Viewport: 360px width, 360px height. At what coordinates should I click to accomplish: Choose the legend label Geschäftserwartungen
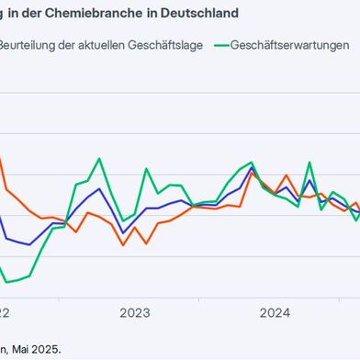(x=289, y=45)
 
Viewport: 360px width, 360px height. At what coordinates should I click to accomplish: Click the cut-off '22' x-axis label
(x=5, y=312)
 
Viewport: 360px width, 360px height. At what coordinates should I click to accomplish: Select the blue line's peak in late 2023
(x=252, y=169)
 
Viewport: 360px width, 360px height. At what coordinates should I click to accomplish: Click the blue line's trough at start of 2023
(x=123, y=232)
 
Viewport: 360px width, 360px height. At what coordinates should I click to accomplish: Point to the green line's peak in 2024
(x=309, y=163)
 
